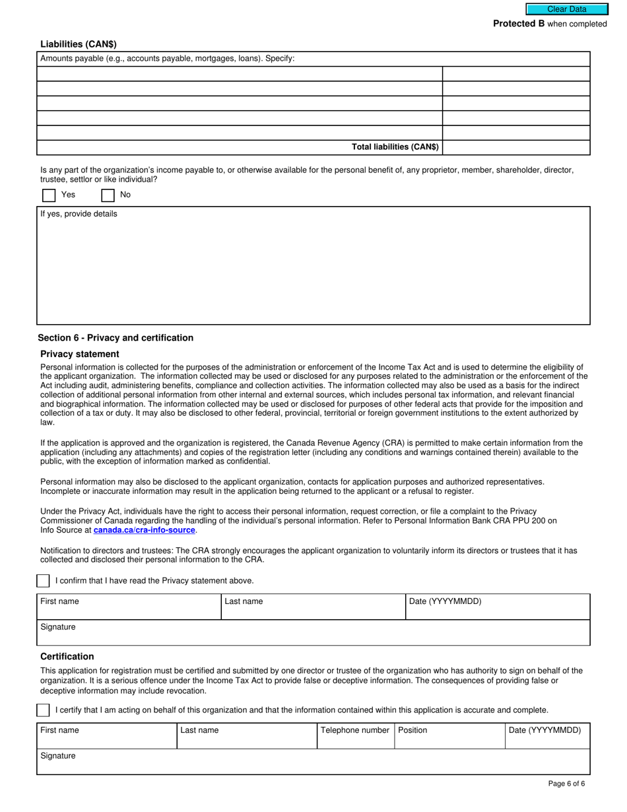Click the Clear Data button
click(566, 9)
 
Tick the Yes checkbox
click(49, 195)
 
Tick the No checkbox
click(108, 195)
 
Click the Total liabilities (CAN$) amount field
click(516, 147)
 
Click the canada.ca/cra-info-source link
click(144, 530)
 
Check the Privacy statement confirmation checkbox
click(43, 581)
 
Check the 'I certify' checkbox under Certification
click(43, 710)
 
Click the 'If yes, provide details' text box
click(313, 271)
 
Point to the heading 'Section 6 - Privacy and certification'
click(115, 338)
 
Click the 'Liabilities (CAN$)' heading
click(79, 44)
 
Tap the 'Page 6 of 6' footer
click(566, 784)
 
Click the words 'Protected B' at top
click(519, 24)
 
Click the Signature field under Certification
click(313, 762)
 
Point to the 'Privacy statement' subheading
click(80, 354)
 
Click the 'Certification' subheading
click(67, 656)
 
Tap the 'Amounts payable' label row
click(168, 58)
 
